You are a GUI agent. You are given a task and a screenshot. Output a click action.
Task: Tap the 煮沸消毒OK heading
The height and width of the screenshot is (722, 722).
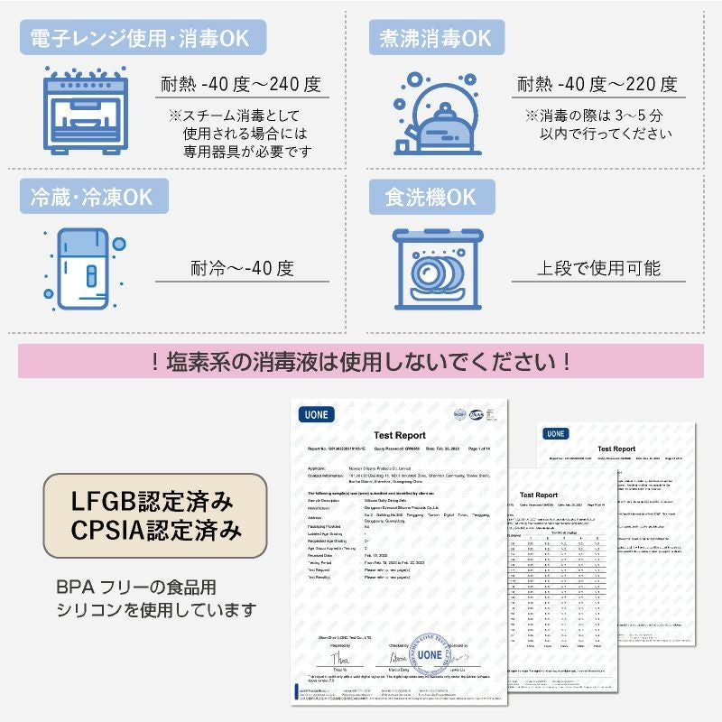point(436,38)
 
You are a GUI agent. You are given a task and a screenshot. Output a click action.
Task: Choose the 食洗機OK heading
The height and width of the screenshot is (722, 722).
point(430,197)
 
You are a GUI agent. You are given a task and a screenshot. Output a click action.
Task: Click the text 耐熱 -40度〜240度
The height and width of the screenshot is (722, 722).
point(241,85)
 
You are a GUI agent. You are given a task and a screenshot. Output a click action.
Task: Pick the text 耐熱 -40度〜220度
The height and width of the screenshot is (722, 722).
point(597,85)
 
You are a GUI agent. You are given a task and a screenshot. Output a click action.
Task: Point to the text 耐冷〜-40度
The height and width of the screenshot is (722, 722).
point(242,268)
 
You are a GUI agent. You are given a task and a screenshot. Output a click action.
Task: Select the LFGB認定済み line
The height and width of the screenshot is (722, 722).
point(155,500)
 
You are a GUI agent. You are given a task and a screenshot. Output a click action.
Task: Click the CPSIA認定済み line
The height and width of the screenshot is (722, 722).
point(155,530)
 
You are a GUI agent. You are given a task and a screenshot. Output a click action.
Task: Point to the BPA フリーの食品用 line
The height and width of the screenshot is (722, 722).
point(135,587)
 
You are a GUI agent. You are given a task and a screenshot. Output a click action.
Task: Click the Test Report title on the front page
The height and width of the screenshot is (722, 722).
point(399,435)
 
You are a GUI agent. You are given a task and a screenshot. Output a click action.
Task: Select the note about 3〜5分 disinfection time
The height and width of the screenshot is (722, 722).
point(596,125)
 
